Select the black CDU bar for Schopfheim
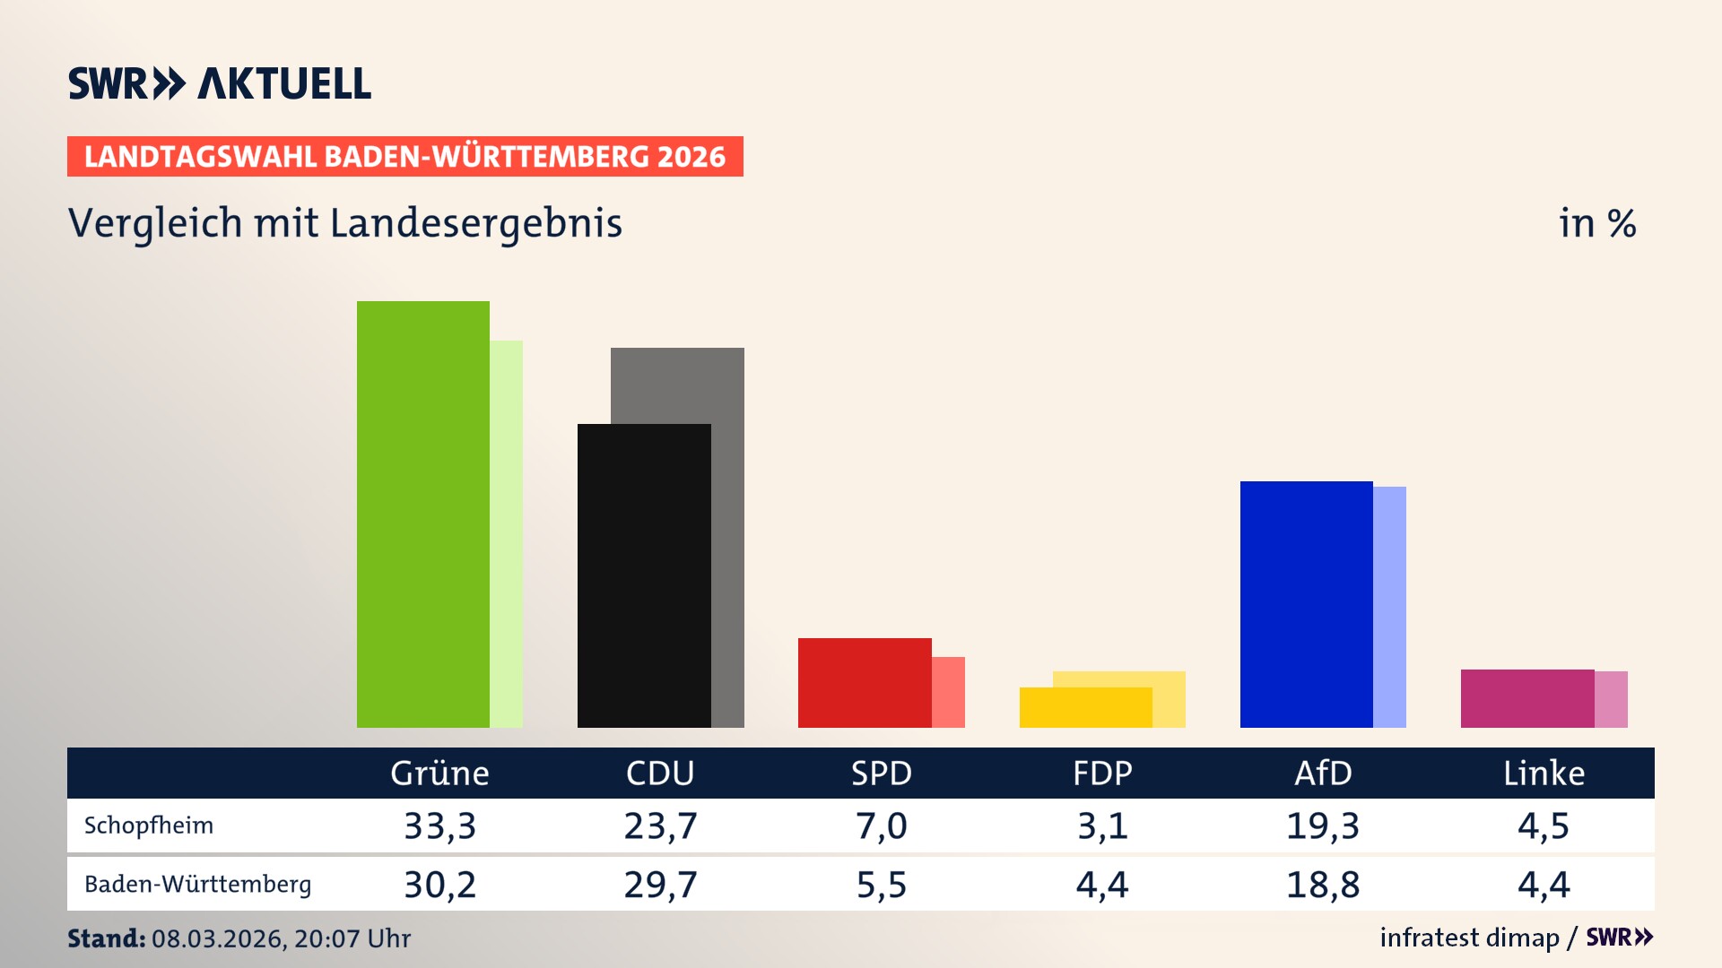click(x=643, y=575)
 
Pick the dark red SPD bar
click(x=864, y=682)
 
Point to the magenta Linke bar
click(x=1526, y=698)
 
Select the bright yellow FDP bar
click(x=1084, y=707)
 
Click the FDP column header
click(x=1102, y=774)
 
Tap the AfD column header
click(x=1323, y=774)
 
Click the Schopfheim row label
click(x=149, y=825)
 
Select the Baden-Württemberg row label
click(x=197, y=885)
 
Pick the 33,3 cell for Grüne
click(x=439, y=825)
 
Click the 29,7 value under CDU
click(x=660, y=885)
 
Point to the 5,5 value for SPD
click(x=881, y=885)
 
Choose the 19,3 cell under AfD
click(x=1323, y=825)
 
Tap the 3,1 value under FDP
click(x=1102, y=825)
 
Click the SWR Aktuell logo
click(x=220, y=83)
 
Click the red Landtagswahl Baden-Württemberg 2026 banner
click(x=404, y=157)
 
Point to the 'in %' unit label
click(x=1596, y=223)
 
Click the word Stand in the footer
click(x=106, y=938)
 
